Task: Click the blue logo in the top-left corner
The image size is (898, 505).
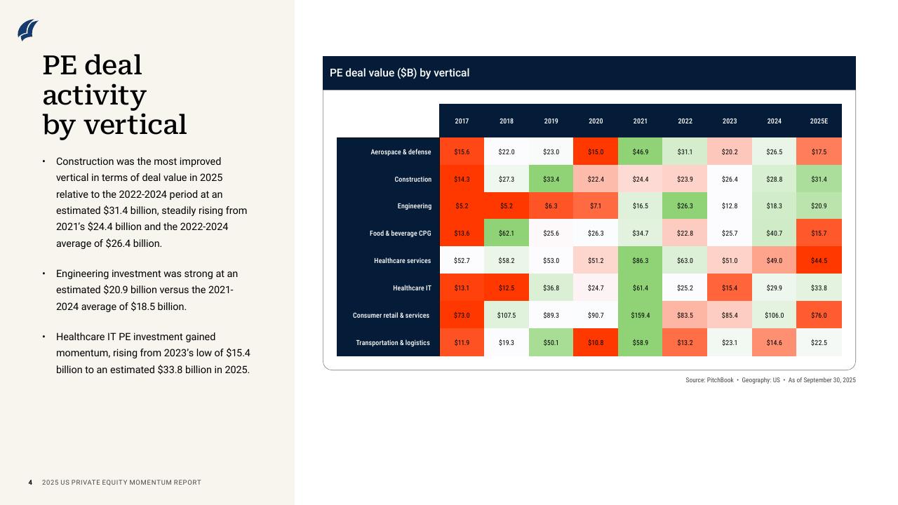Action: pyautogui.click(x=28, y=29)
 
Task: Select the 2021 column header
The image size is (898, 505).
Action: pyautogui.click(x=640, y=121)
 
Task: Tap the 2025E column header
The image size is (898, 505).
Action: pyautogui.click(x=819, y=121)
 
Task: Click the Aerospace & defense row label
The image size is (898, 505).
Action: pyautogui.click(x=401, y=152)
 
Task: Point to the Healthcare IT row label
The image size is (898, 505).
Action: pyautogui.click(x=412, y=288)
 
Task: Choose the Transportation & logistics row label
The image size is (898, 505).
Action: pyautogui.click(x=393, y=343)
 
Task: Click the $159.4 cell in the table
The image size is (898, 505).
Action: pyautogui.click(x=640, y=316)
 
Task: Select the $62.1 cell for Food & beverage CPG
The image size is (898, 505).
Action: pyautogui.click(x=506, y=234)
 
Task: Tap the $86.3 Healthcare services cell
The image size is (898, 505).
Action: pyautogui.click(x=640, y=261)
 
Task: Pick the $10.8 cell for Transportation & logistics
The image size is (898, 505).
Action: pyautogui.click(x=596, y=343)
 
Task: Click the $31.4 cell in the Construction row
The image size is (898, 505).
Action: pyautogui.click(x=819, y=180)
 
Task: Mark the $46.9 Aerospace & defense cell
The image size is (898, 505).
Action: pyautogui.click(x=640, y=152)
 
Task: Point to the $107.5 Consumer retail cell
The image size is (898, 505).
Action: pyautogui.click(x=506, y=316)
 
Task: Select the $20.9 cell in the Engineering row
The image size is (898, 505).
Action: pyautogui.click(x=819, y=206)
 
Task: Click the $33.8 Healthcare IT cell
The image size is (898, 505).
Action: pyautogui.click(x=819, y=288)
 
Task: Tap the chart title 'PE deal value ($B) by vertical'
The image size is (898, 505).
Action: pyautogui.click(x=399, y=73)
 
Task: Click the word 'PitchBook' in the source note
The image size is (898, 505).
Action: pyautogui.click(x=720, y=380)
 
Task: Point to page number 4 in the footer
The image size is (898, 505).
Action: pyautogui.click(x=30, y=483)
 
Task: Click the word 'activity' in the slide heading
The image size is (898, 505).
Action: pyautogui.click(x=94, y=95)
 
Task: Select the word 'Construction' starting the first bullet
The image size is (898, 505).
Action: pyautogui.click(x=86, y=161)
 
